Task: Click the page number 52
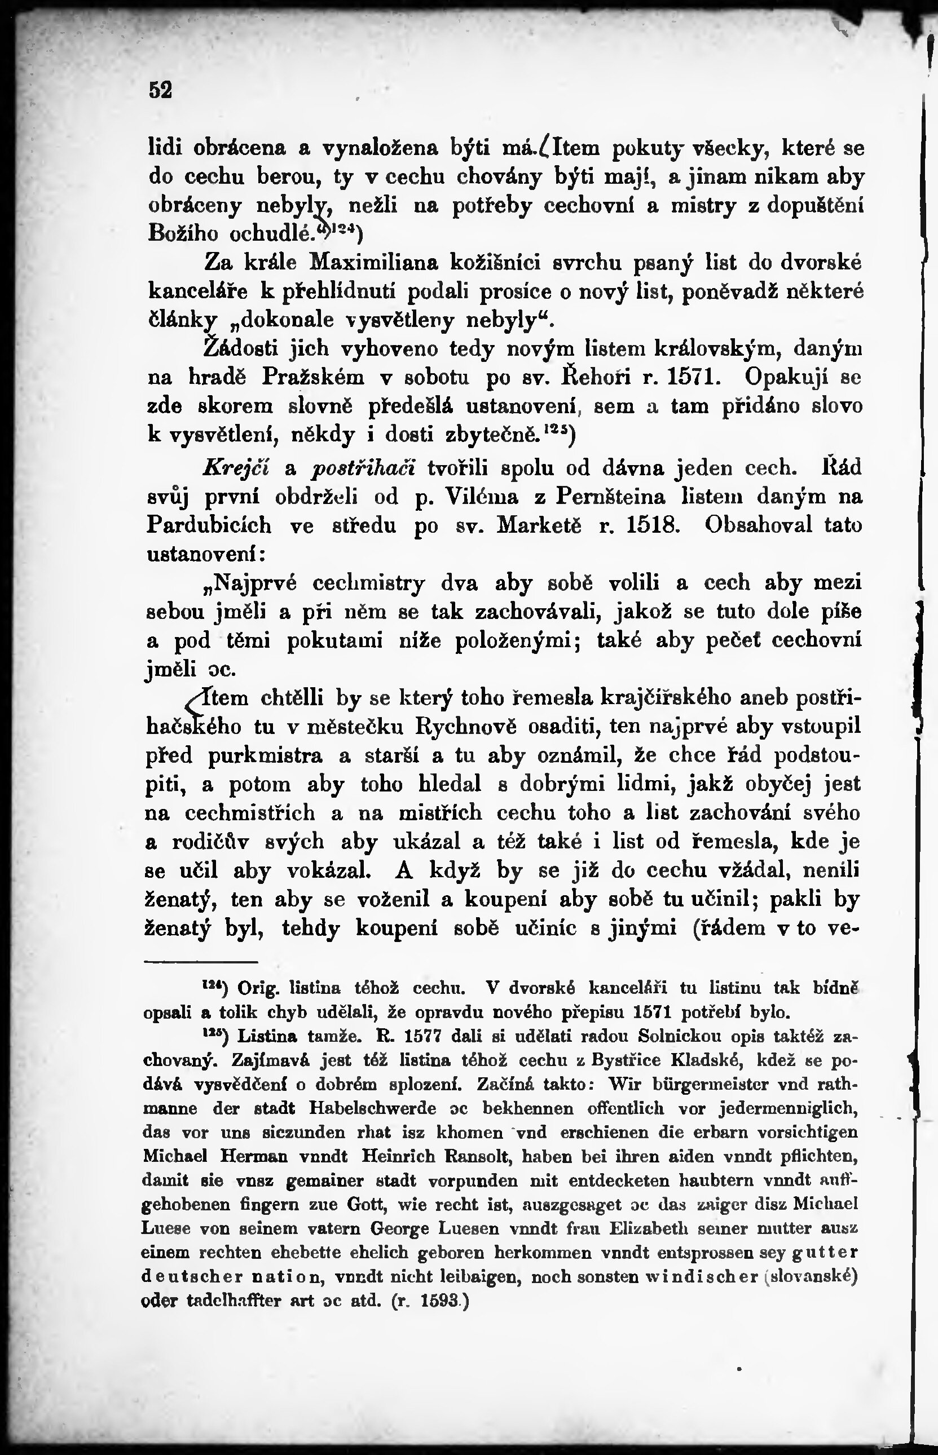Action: (x=161, y=90)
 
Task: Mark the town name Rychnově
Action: (x=466, y=726)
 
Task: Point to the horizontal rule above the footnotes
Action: (x=201, y=962)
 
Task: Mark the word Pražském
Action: (x=313, y=378)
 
